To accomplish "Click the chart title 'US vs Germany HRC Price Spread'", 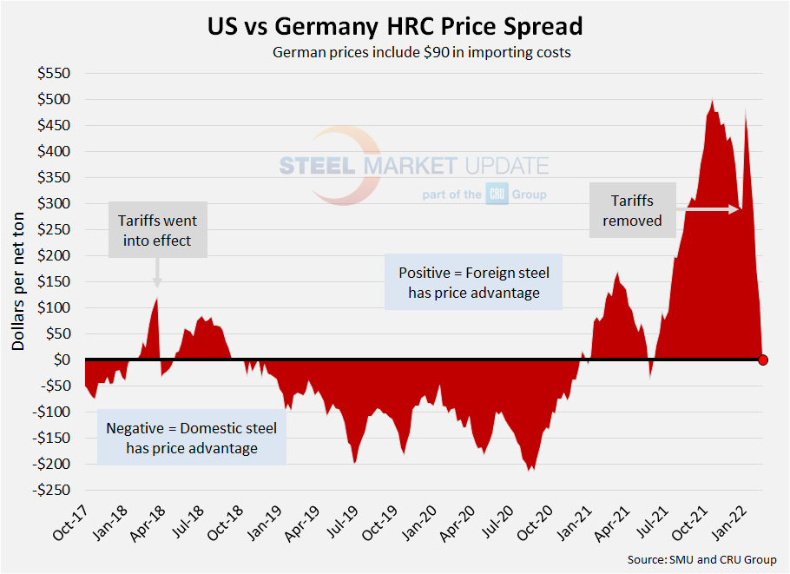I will click(395, 26).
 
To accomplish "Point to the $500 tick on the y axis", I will click(54, 99).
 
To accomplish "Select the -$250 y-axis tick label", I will click(51, 490).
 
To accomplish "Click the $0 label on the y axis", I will click(61, 360).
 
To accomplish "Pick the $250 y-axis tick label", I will click(54, 229).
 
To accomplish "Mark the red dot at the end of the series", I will click(763, 360).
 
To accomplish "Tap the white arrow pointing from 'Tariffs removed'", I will click(708, 209).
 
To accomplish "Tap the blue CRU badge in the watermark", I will click(497, 195).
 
